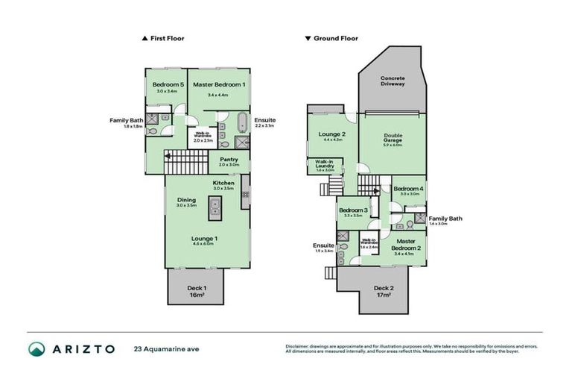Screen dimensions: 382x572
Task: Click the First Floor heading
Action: [x=167, y=38]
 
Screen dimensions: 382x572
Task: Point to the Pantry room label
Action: [x=229, y=158]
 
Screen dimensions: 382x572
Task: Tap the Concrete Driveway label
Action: [x=393, y=81]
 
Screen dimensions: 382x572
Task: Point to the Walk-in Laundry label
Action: [x=323, y=164]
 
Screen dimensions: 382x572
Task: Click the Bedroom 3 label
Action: [x=354, y=210]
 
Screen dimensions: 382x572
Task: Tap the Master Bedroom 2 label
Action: [x=405, y=244]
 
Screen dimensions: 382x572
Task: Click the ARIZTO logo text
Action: [x=84, y=348]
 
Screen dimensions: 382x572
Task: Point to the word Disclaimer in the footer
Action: [x=299, y=346]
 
